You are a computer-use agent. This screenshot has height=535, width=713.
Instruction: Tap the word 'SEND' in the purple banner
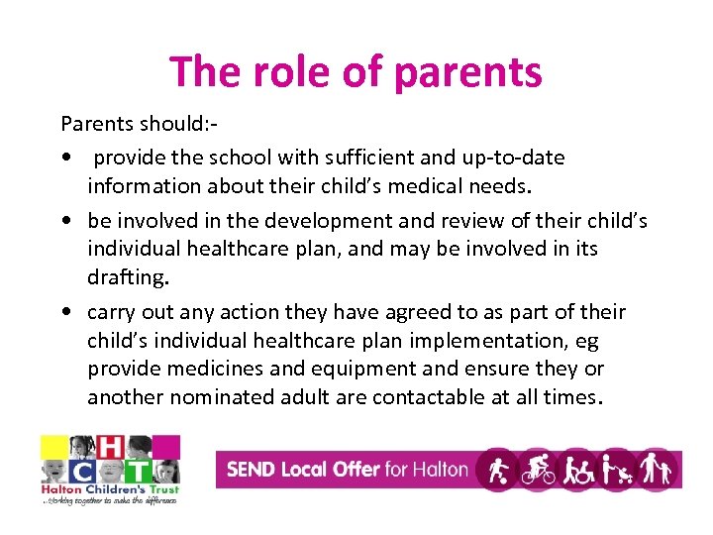252,469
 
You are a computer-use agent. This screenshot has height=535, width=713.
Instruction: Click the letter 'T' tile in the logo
138,471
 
